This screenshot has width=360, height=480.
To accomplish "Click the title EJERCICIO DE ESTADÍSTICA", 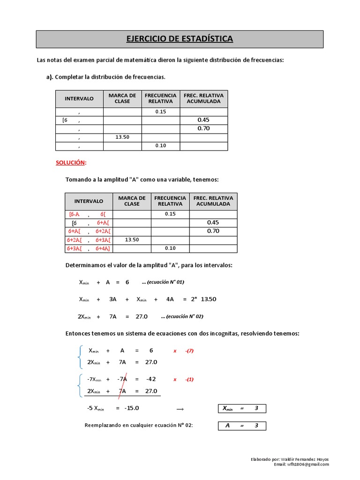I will coord(180,39).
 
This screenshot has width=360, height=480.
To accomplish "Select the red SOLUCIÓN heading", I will coord(71,162).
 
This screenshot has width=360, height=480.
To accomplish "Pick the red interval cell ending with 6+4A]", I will coord(103,248).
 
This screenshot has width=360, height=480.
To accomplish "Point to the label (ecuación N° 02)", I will coord(182,316).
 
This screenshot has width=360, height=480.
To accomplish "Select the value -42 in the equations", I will coord(150,379).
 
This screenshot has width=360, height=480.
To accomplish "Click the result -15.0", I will coord(132,408).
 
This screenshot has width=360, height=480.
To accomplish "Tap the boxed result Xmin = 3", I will coord(242,409).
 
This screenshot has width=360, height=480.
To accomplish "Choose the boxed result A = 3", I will coord(242,426).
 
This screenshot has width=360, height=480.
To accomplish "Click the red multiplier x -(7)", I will coord(184,351).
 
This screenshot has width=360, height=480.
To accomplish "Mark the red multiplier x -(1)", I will coord(184,379).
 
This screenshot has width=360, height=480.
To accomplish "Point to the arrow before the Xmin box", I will coord(180,409).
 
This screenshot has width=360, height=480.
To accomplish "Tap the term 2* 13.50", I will coord(203,299).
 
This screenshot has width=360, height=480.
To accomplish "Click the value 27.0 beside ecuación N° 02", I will coord(142,316).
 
